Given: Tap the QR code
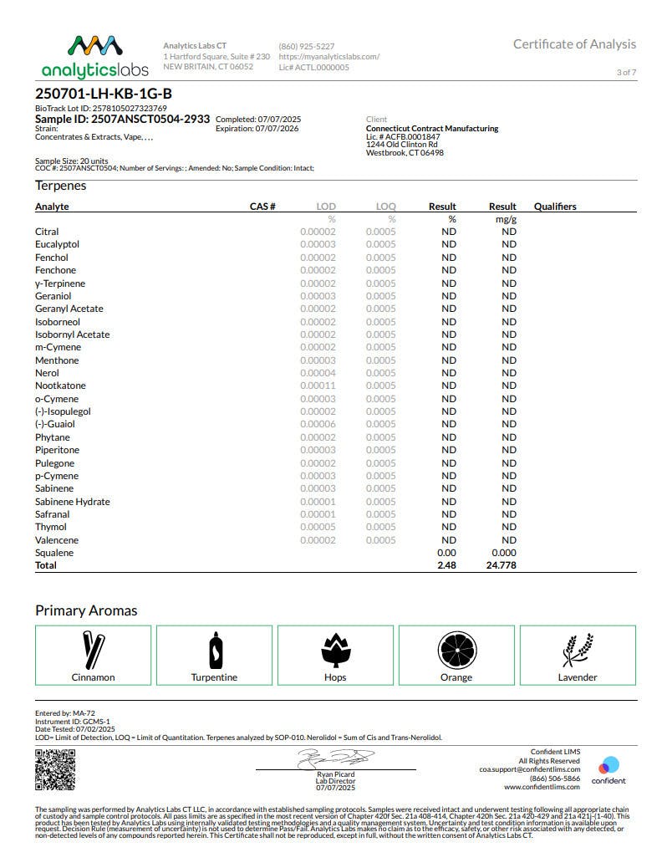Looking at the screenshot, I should click(54, 770).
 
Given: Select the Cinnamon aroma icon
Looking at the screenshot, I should click(93, 650).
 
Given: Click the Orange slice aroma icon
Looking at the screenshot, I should click(456, 650).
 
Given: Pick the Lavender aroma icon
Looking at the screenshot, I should click(578, 650).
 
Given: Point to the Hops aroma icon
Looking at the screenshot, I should click(335, 650).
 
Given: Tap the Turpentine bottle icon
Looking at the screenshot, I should click(214, 650).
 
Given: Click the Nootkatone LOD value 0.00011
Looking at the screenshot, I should click(318, 385).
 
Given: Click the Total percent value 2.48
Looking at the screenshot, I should click(446, 565).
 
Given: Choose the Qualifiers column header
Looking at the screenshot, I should click(555, 207).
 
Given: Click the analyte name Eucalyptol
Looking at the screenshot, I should click(57, 244).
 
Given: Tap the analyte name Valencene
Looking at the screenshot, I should click(57, 540).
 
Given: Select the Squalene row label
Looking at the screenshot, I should click(54, 553).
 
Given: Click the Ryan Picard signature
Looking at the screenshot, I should click(335, 758).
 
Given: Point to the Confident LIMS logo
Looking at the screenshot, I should click(609, 770).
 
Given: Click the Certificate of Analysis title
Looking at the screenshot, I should click(574, 44).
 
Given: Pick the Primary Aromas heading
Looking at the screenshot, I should click(86, 610).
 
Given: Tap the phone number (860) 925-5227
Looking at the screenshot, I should click(307, 46).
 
